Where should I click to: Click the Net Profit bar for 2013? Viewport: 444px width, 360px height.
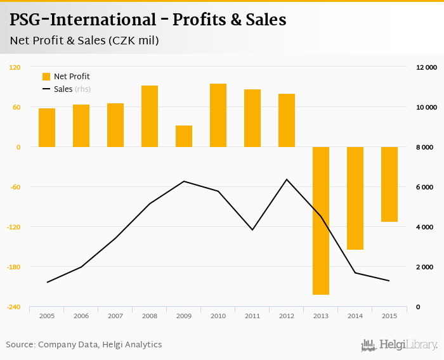pyautogui.click(x=321, y=221)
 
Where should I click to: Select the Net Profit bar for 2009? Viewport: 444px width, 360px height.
pyautogui.click(x=184, y=136)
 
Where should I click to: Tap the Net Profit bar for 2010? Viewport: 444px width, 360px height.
pyautogui.click(x=218, y=115)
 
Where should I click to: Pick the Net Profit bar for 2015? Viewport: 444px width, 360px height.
pyautogui.click(x=389, y=184)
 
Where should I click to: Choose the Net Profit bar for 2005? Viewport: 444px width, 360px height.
pyautogui.click(x=47, y=127)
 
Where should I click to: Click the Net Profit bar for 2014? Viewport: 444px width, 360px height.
pyautogui.click(x=355, y=198)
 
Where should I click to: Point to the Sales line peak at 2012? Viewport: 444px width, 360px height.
pyautogui.click(x=287, y=179)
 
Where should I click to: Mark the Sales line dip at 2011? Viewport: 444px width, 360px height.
pyautogui.click(x=252, y=229)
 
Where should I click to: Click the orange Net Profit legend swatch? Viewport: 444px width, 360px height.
pyautogui.click(x=46, y=77)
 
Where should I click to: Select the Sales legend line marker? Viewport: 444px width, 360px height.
pyautogui.click(x=46, y=89)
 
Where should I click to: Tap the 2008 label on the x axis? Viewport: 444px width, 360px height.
pyautogui.click(x=149, y=316)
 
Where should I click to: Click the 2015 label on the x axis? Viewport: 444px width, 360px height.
pyautogui.click(x=389, y=316)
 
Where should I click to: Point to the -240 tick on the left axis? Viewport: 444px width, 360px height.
pyautogui.click(x=13, y=307)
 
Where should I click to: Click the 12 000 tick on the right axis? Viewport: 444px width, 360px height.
pyautogui.click(x=426, y=67)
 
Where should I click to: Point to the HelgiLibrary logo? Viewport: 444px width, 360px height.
pyautogui.click(x=399, y=345)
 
